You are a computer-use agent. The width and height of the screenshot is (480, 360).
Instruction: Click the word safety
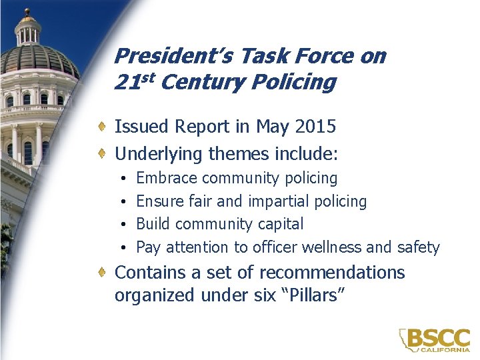[417, 247]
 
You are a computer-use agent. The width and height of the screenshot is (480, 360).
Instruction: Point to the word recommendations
[331, 273]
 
